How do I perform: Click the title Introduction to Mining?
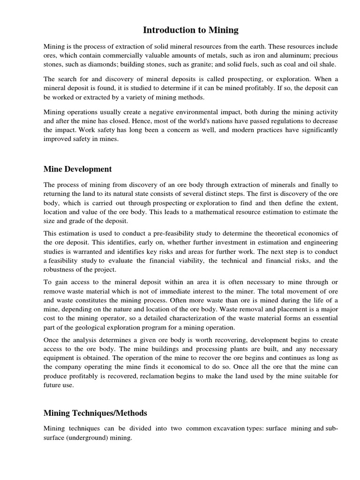pos(190,30)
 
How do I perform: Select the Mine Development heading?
pos(77,169)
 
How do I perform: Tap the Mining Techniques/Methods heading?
pos(95,413)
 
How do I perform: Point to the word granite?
pos(201,65)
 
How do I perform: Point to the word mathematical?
pos(194,212)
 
